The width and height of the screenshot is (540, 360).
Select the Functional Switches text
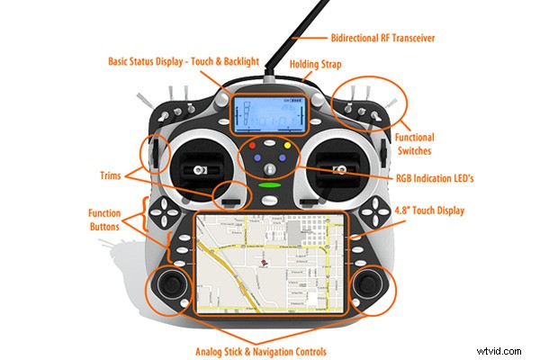pyautogui.click(x=414, y=145)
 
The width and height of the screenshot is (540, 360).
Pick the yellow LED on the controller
pyautogui.click(x=287, y=145)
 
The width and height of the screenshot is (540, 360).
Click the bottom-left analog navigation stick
pyautogui.click(x=171, y=287)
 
